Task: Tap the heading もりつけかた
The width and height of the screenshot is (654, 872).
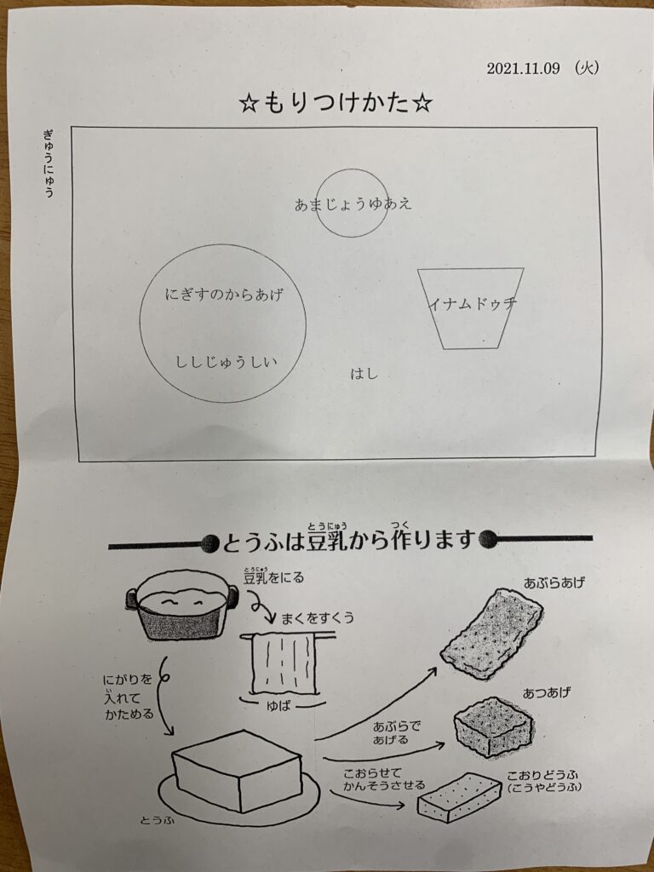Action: [x=336, y=104]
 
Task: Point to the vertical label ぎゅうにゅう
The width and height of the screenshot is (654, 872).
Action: [x=49, y=163]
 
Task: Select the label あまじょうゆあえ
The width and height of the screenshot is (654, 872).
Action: [x=353, y=204]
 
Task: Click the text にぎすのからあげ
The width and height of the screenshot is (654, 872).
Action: [x=224, y=294]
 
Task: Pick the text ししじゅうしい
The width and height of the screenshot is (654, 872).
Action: [x=227, y=363]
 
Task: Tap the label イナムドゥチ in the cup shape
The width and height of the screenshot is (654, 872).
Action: [x=473, y=303]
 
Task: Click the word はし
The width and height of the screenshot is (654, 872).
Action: [x=364, y=374]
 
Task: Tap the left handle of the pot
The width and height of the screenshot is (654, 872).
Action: [x=131, y=598]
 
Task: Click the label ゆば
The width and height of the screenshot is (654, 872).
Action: [x=278, y=707]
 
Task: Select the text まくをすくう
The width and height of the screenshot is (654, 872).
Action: [x=318, y=618]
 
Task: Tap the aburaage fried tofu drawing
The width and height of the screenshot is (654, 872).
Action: [x=491, y=634]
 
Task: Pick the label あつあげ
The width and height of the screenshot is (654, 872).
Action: [x=547, y=693]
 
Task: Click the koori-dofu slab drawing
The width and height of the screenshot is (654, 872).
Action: [x=460, y=797]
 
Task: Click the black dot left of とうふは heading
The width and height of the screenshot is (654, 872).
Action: [x=209, y=544]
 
